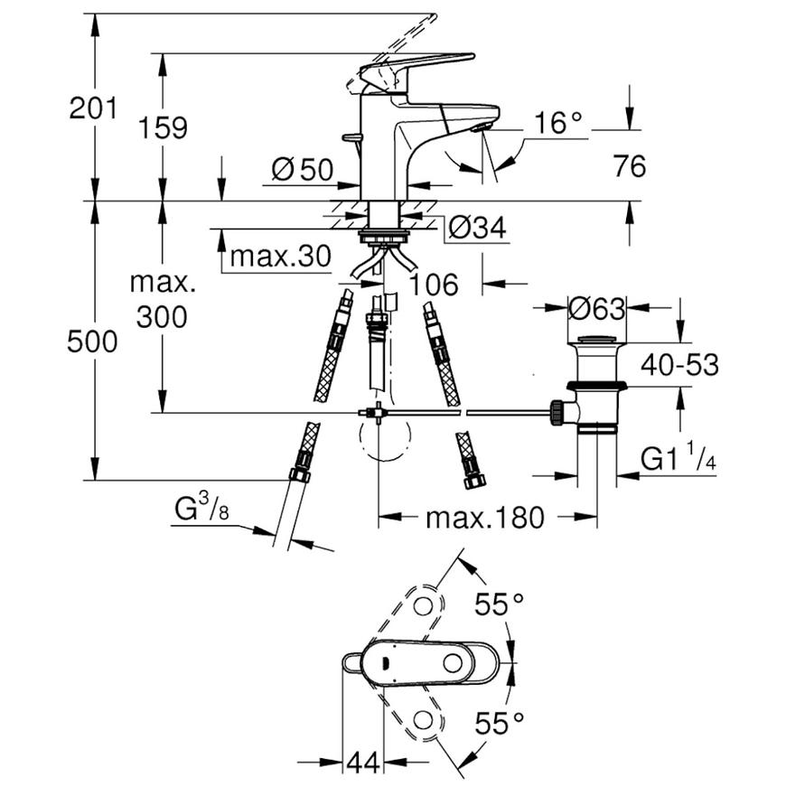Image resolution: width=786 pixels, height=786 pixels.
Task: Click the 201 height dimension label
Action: [93, 108]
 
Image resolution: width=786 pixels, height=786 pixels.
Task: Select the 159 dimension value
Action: [163, 127]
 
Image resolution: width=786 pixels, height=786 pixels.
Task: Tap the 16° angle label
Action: [558, 123]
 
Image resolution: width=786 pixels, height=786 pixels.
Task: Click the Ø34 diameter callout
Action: [478, 228]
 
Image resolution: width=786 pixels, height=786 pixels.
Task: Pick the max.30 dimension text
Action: [281, 257]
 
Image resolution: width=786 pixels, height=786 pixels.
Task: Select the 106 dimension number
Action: [434, 285]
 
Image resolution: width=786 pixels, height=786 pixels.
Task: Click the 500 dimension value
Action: [92, 342]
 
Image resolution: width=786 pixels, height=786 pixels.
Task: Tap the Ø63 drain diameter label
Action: [597, 308]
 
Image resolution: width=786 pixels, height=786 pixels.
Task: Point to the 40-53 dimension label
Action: [679, 364]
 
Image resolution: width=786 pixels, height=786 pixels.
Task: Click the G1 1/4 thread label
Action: [678, 458]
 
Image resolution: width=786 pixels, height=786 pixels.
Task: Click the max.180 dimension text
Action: [485, 518]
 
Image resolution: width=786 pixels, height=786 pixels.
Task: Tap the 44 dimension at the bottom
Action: [364, 763]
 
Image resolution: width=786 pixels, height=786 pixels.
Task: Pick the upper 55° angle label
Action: [500, 604]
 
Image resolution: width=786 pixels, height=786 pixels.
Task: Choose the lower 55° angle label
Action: [500, 724]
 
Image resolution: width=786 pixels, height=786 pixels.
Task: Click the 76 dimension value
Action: [630, 166]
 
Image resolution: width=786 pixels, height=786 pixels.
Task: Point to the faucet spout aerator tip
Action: [480, 127]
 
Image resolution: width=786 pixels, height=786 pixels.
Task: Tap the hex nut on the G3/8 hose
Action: [300, 474]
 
